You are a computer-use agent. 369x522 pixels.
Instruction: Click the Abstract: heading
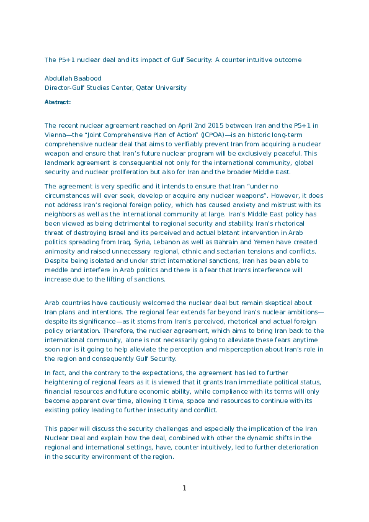click(58, 102)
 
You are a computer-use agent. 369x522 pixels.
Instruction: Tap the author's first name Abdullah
click(59, 78)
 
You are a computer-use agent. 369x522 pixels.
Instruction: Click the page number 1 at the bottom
click(184, 488)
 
